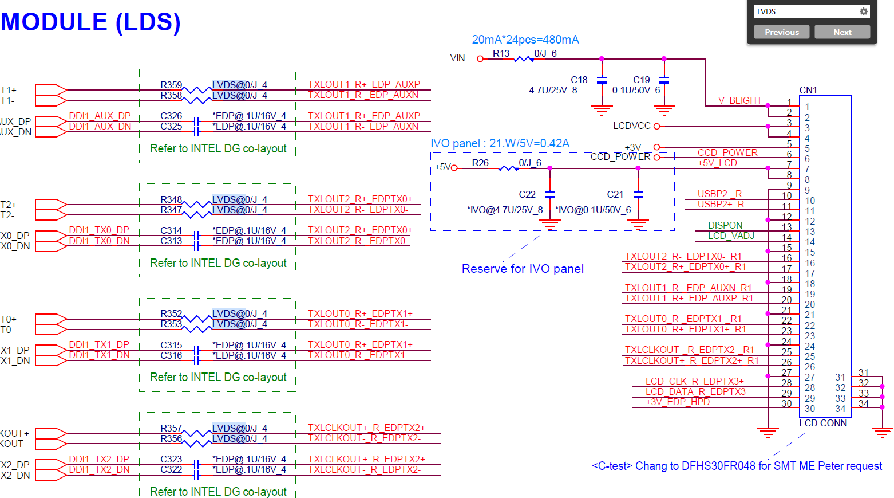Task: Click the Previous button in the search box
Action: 781,32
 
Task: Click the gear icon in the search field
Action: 863,11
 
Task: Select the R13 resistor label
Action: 501,53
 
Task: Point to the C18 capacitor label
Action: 579,80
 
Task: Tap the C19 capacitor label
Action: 641,80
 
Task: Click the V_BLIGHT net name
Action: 740,100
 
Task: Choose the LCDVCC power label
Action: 631,126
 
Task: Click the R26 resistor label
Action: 480,163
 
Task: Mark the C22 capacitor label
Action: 527,194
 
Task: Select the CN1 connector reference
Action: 808,90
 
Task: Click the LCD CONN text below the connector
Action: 823,423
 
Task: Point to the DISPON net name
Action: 725,225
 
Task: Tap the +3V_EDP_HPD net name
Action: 678,402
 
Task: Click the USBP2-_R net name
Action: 719,194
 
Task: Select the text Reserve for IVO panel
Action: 523,269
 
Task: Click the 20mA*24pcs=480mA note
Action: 525,40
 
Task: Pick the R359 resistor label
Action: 171,85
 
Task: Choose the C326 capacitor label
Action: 171,116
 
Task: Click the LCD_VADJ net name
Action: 731,236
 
